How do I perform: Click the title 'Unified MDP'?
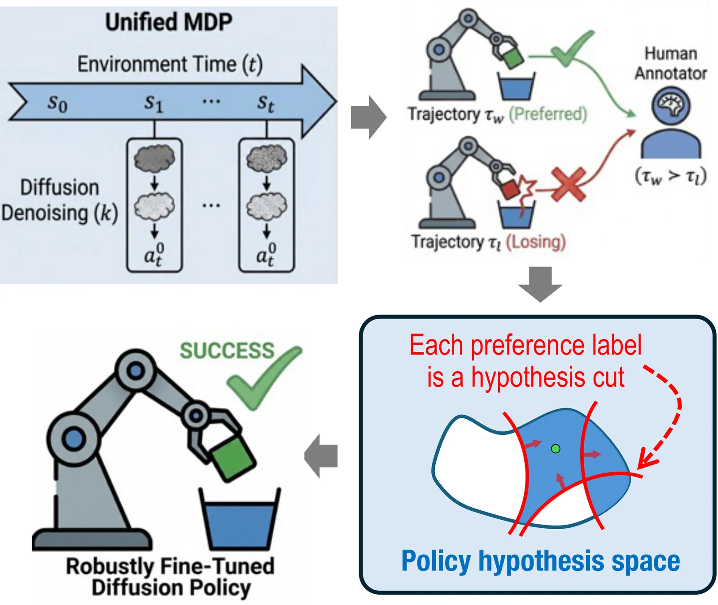pyautogui.click(x=169, y=22)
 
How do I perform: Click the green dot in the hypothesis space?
pyautogui.click(x=556, y=448)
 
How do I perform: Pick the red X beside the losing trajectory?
pyautogui.click(x=568, y=184)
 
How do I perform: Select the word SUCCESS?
pyautogui.click(x=227, y=351)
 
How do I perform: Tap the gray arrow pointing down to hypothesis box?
pyautogui.click(x=540, y=284)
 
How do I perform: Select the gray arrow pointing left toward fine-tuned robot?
pyautogui.click(x=321, y=456)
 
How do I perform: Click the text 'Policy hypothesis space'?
pyautogui.click(x=540, y=561)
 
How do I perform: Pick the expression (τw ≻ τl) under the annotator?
pyautogui.click(x=670, y=176)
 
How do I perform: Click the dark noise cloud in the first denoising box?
pyautogui.click(x=154, y=158)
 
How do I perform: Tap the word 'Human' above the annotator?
pyautogui.click(x=671, y=54)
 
